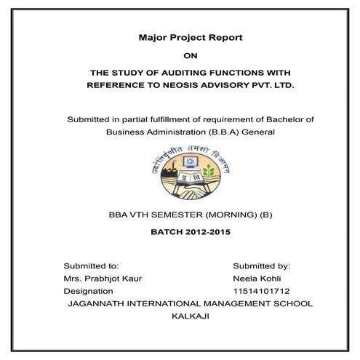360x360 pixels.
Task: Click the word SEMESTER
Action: click(x=164, y=215)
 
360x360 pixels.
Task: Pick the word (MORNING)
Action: click(x=220, y=215)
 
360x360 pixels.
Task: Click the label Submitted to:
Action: click(x=91, y=266)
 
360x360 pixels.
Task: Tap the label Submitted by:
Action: click(x=262, y=266)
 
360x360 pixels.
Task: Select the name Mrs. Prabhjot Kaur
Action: click(x=103, y=279)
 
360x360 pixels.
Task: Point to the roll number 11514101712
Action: click(x=263, y=291)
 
